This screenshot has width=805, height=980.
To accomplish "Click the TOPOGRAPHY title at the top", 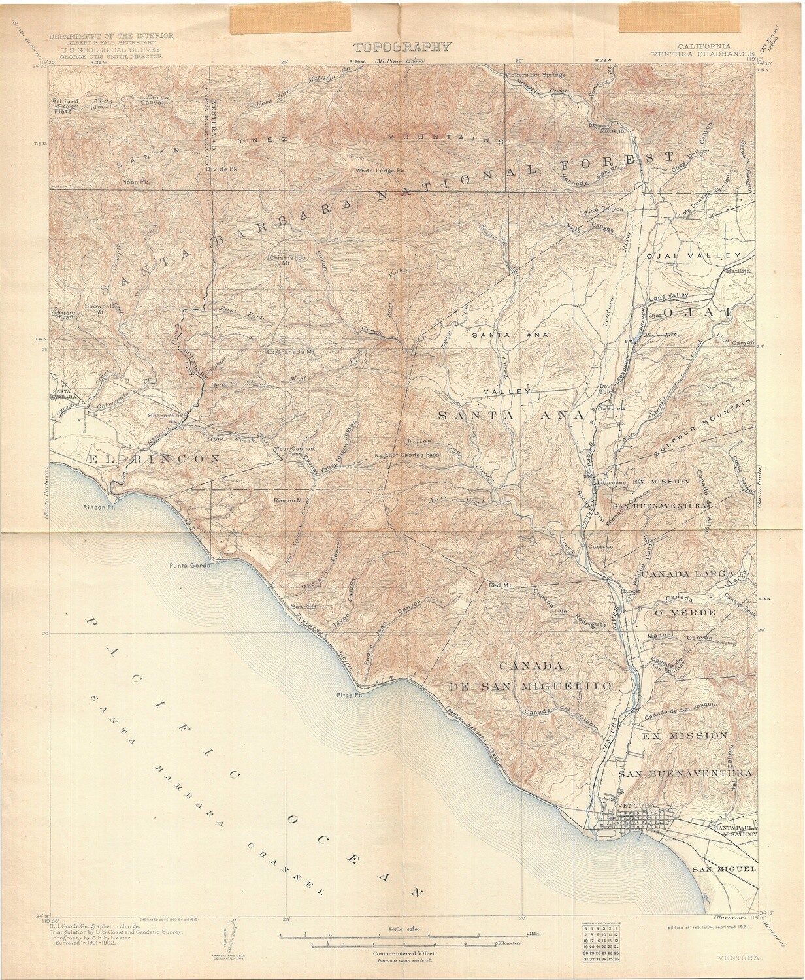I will point(402,46).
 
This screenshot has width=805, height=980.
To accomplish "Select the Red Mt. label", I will point(499,585).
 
